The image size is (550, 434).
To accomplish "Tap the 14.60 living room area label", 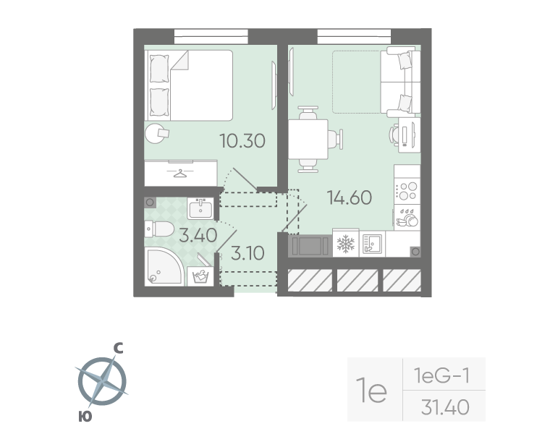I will [x=350, y=197].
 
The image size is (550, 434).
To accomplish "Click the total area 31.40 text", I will [x=444, y=408].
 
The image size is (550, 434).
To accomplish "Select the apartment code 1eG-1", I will [x=442, y=375].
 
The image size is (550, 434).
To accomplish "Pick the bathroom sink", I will [x=200, y=209].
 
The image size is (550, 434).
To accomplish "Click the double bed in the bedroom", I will [x=190, y=85].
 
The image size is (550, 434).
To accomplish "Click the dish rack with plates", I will [x=407, y=218].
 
